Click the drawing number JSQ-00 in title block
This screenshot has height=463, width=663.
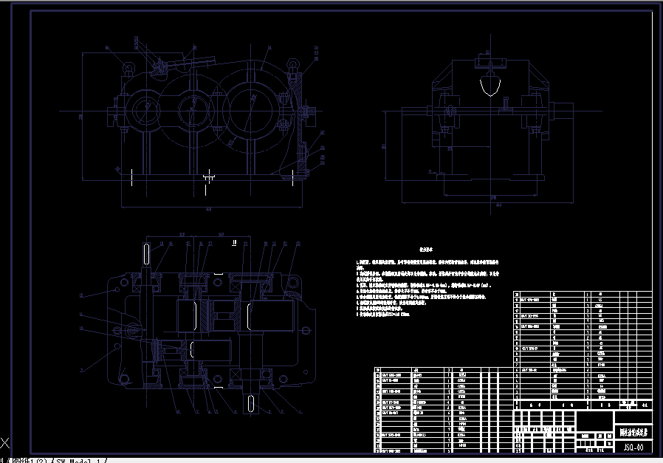[x=633, y=446]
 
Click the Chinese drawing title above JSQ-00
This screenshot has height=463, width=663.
[x=633, y=433]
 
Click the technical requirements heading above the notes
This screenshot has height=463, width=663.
[x=426, y=250]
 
